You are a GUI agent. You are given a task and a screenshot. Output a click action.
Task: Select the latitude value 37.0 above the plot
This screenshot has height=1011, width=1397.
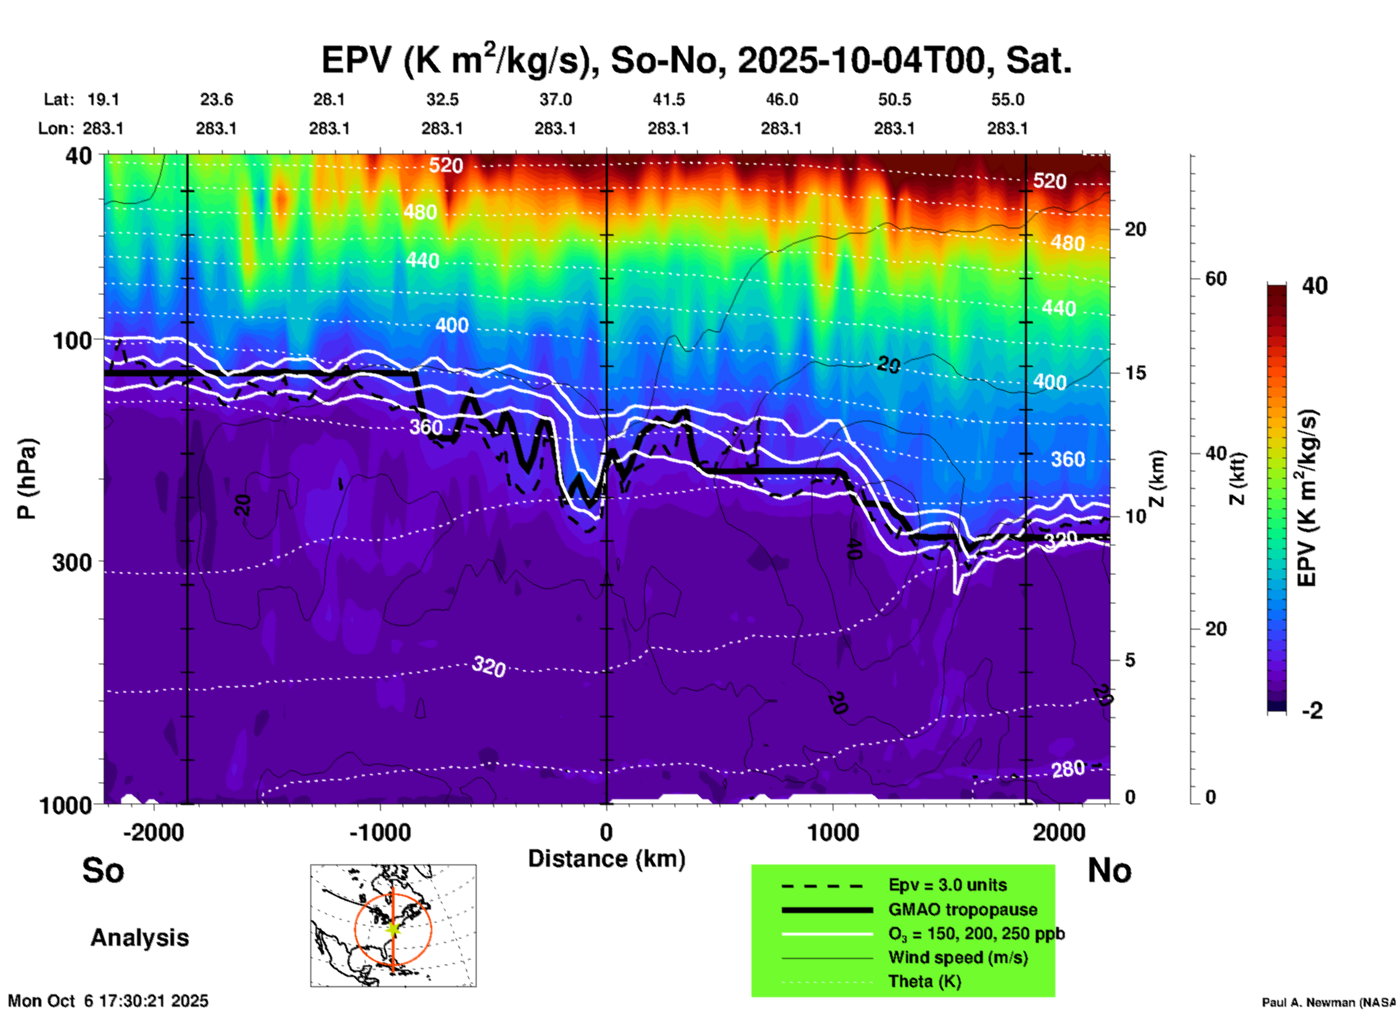555,99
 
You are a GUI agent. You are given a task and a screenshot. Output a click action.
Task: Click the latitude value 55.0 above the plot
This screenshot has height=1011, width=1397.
1007,99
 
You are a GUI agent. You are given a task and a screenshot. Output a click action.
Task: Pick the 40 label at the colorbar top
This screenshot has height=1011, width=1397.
1314,286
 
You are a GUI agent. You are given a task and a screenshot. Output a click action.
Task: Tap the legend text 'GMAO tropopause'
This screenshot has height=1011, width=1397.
963,909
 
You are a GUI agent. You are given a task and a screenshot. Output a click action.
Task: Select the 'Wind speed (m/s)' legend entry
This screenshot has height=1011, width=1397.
957,957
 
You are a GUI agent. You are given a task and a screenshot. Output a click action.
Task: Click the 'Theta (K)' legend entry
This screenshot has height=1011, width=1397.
924,981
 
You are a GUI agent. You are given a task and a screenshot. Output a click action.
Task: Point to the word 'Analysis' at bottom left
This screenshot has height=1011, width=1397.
139,937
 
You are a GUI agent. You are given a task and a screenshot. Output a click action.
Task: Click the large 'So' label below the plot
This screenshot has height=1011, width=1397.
103,870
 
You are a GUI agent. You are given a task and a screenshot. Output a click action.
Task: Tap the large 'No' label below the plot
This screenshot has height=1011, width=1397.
1109,870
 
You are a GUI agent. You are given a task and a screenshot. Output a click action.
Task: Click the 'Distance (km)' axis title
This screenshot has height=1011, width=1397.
606,859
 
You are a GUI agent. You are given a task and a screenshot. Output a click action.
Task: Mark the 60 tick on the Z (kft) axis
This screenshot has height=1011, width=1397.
1216,278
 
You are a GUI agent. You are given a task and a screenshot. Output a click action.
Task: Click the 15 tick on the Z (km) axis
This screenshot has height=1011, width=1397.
1135,373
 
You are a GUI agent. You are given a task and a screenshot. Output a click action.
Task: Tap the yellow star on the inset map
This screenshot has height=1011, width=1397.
393,928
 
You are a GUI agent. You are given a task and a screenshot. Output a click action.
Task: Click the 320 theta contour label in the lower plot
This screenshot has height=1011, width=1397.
488,666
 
